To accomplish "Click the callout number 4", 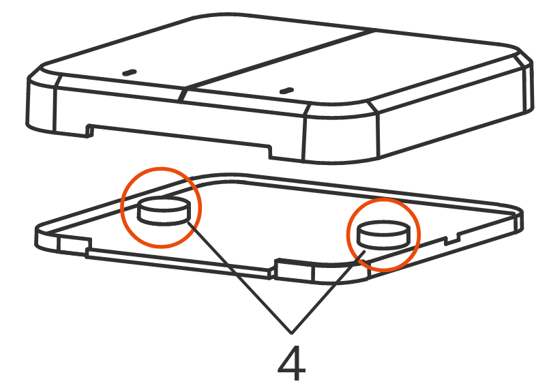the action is click(291, 363).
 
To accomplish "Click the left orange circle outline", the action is click(121, 207).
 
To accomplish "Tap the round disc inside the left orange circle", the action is click(164, 211).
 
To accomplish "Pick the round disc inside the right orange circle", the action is click(383, 235).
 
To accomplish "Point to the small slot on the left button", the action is click(129, 72).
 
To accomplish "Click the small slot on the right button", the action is click(286, 91).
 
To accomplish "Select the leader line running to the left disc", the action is click(239, 277).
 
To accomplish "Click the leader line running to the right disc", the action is click(328, 293).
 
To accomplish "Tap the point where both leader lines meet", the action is click(291, 333).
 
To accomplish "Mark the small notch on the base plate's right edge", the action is click(452, 240).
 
